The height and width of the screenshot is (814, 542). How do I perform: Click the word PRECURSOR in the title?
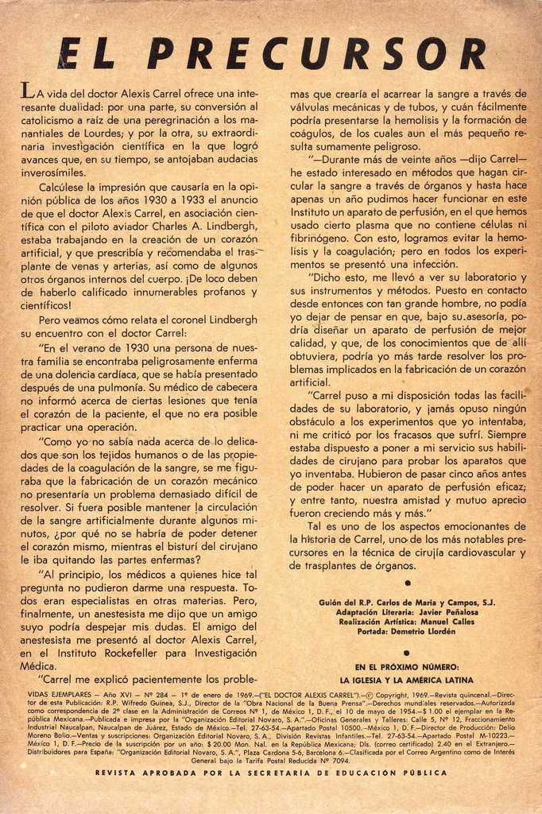click(316, 54)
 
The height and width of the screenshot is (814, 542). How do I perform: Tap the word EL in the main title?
click(88, 54)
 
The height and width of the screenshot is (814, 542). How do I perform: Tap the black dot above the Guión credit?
click(407, 583)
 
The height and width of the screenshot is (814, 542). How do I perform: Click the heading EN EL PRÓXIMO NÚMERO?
click(407, 666)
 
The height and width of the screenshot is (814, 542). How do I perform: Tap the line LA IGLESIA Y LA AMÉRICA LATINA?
click(407, 680)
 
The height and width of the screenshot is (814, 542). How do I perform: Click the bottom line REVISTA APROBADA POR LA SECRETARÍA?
click(271, 772)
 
